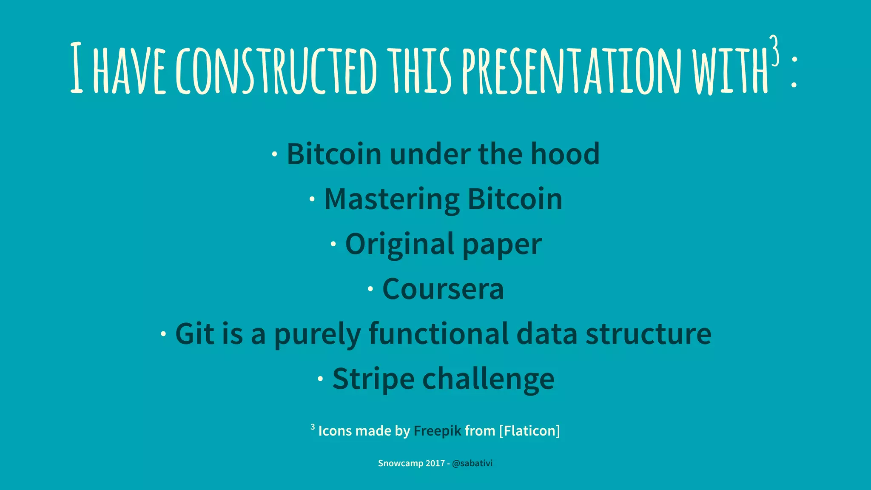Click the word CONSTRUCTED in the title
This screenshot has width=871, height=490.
click(276, 70)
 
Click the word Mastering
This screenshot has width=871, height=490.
click(391, 199)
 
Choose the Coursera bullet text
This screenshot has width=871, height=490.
click(443, 289)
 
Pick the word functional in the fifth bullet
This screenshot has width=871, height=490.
click(438, 334)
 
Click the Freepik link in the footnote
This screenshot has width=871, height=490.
click(437, 431)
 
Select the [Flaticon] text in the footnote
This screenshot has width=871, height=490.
click(529, 431)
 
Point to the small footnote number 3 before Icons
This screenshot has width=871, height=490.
click(313, 427)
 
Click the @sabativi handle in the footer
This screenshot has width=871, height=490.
click(472, 463)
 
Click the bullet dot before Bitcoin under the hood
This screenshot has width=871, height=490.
click(275, 154)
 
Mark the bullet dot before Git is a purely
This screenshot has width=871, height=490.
click(163, 334)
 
